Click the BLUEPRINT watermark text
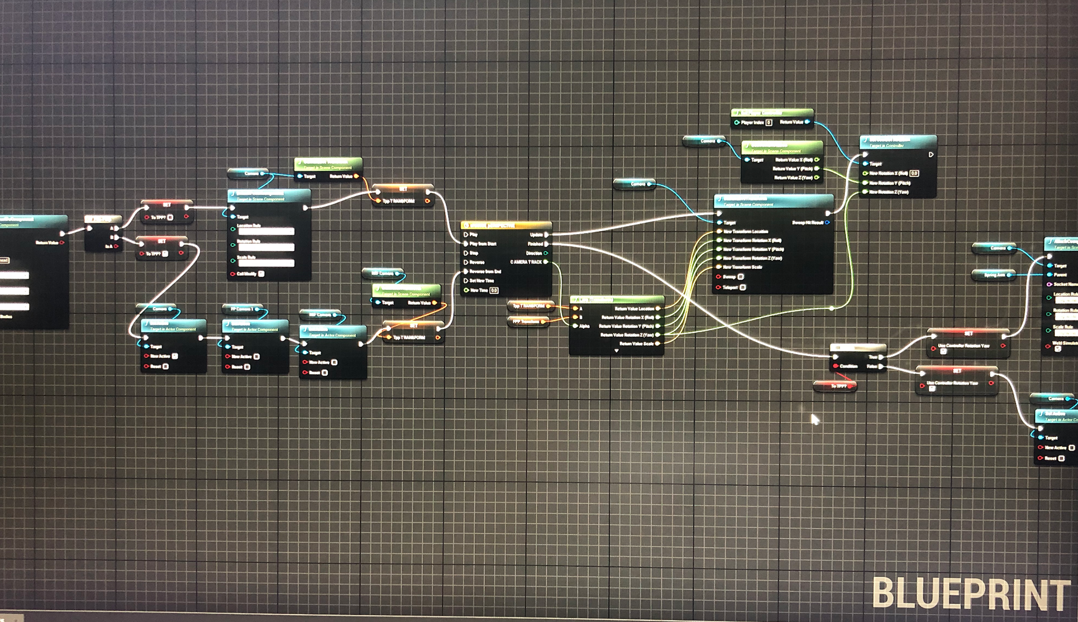(x=971, y=594)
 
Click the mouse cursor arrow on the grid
(x=815, y=419)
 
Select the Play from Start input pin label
(x=483, y=244)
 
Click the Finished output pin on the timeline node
(x=546, y=244)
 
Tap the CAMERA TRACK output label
(x=526, y=262)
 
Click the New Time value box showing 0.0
(x=494, y=290)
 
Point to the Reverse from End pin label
(x=485, y=272)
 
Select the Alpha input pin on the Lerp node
(x=575, y=326)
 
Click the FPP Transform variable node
(x=527, y=322)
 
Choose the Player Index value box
(x=769, y=122)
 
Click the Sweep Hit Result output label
(x=807, y=223)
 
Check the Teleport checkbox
(x=743, y=287)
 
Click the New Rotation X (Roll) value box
(x=914, y=173)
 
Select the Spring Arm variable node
(x=994, y=275)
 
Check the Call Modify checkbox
(x=261, y=274)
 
